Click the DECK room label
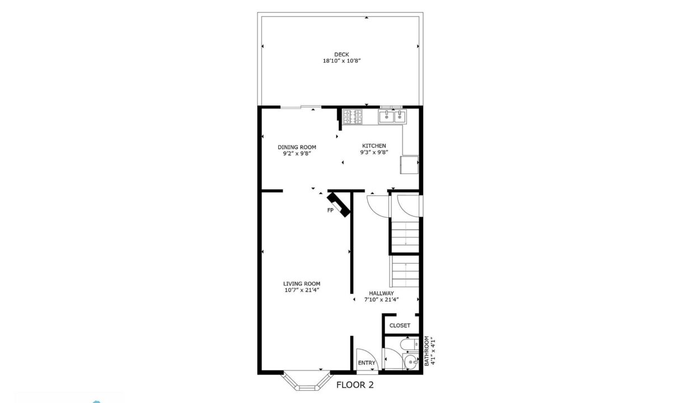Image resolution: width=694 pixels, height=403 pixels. pos(341,54)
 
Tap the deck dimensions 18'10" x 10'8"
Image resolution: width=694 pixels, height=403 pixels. pos(341,60)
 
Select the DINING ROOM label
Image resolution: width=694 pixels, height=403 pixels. pos(297,147)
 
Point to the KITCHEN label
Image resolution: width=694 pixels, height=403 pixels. pos(374,146)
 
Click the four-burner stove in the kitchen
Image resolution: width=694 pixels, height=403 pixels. pos(352,117)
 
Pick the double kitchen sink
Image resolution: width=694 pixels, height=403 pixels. pos(392,117)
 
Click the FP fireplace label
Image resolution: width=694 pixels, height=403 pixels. pos(330,210)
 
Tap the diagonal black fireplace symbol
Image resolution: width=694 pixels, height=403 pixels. pos(339,204)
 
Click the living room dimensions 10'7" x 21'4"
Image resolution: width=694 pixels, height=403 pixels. pos(302,290)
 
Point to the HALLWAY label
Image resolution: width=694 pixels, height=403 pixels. pos(381,293)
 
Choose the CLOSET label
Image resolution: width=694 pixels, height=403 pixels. pos(400,325)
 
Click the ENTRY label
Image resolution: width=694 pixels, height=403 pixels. pos(367,363)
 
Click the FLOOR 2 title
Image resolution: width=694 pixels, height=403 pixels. pos(355,385)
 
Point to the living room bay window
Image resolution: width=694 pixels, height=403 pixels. pos(306,380)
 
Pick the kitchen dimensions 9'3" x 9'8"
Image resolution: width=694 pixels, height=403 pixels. pos(374,152)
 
